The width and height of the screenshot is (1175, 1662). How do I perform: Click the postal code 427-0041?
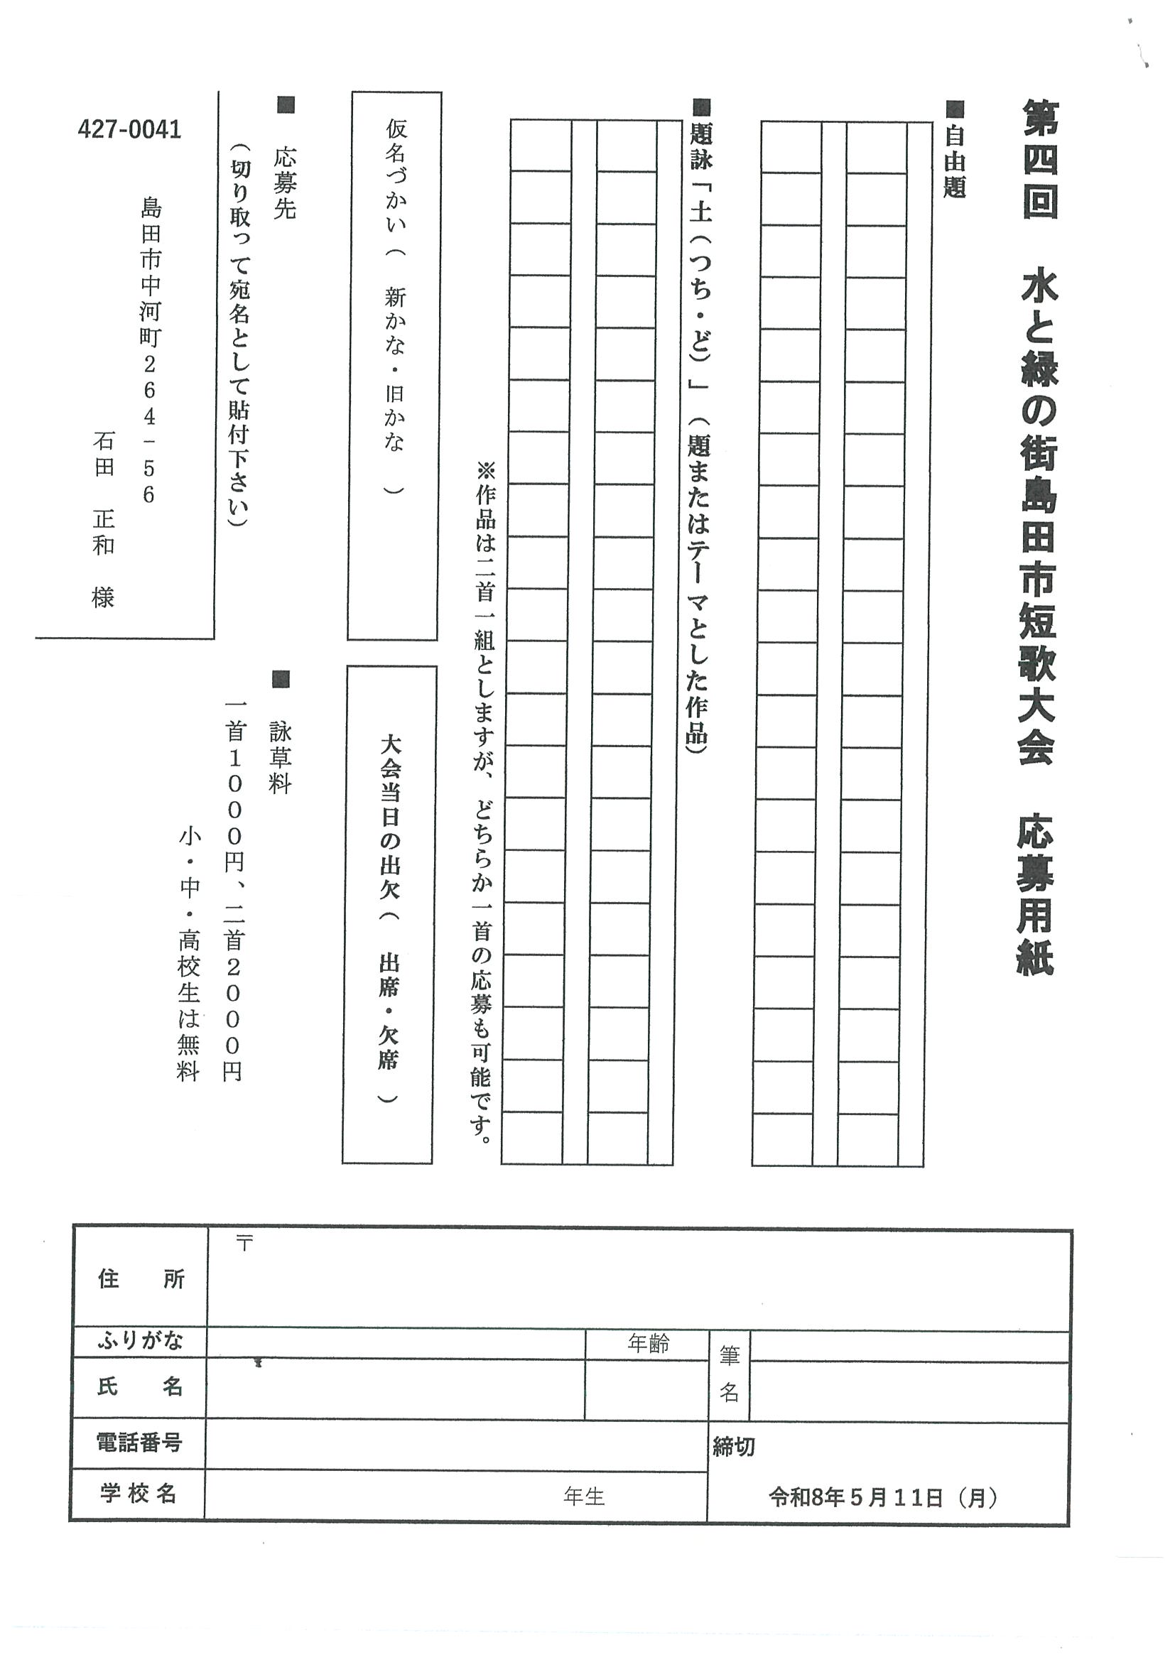129,130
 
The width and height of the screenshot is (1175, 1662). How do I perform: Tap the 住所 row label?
141,1280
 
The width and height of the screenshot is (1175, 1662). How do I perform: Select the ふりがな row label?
141,1342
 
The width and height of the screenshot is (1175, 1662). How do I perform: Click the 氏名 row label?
141,1387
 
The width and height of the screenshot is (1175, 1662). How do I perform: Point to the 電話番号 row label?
139,1443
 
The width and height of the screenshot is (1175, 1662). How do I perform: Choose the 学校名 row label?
139,1494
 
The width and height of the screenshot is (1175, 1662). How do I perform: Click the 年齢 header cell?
648,1345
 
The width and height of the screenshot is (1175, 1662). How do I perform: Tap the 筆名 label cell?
729,1374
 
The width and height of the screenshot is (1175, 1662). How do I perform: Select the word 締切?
733,1446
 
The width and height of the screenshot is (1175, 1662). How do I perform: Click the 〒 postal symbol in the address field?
244,1244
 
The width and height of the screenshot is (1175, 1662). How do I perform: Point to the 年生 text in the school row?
583,1497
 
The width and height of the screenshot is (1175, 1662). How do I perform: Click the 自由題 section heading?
955,162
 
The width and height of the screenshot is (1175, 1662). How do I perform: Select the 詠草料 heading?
280,757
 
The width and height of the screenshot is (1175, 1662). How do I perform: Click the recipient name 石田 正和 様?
104,518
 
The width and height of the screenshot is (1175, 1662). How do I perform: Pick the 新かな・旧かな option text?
395,369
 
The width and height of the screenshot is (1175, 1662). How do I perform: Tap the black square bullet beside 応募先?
287,105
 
